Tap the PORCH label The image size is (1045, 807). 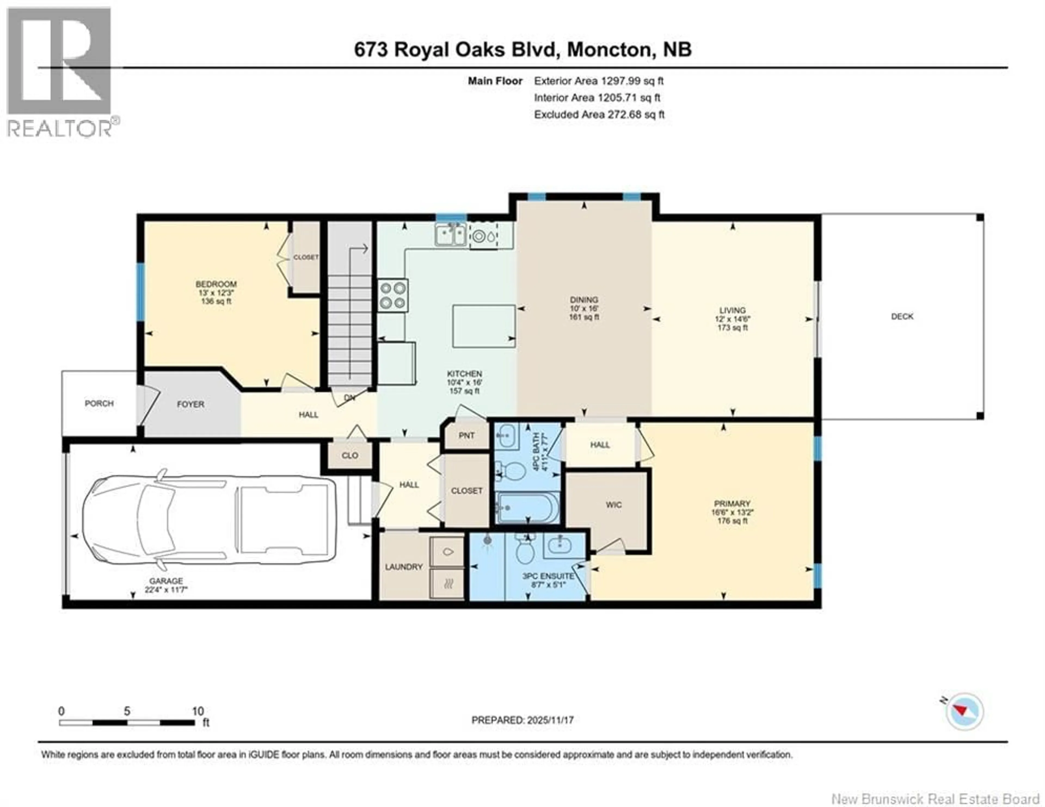(x=99, y=403)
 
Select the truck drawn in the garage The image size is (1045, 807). (x=209, y=519)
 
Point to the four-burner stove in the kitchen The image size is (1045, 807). (x=393, y=295)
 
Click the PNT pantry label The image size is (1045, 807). (x=466, y=435)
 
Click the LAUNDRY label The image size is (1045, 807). (x=404, y=567)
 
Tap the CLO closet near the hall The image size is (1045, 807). (x=350, y=455)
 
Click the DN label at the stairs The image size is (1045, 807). (x=350, y=397)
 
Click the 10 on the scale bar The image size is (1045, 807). (x=198, y=711)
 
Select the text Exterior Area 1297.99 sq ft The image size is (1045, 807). (x=599, y=81)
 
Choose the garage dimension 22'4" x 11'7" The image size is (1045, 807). (x=166, y=590)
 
